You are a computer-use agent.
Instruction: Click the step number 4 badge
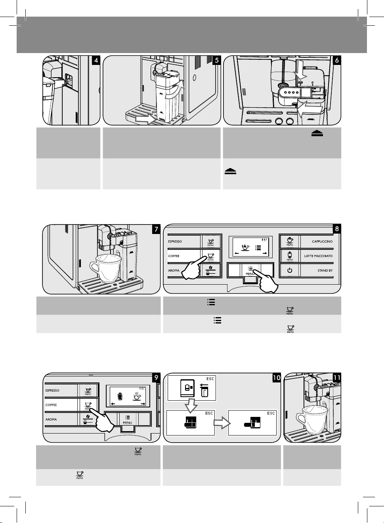[x=96, y=60]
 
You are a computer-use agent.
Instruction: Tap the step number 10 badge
[x=276, y=378]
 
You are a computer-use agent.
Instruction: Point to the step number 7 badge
[x=156, y=229]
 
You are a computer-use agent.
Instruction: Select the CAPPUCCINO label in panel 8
[x=322, y=242]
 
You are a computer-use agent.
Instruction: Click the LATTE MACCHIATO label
[x=318, y=256]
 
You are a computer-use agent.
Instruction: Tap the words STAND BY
[x=325, y=270]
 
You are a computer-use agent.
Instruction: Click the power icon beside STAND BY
[x=290, y=270]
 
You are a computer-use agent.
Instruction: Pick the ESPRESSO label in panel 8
[x=175, y=242]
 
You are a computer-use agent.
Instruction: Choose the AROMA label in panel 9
[x=52, y=419]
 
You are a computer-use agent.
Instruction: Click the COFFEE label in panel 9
[x=52, y=405]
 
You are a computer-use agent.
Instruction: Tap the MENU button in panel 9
[x=128, y=419]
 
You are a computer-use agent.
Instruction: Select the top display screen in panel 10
[x=192, y=388]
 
